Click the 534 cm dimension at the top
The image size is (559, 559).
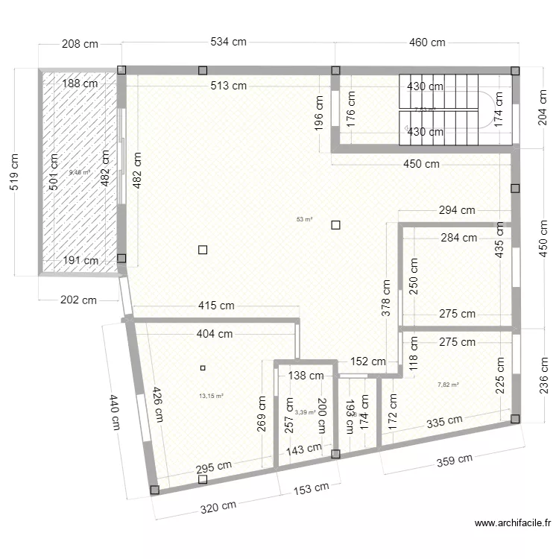pyautogui.click(x=228, y=42)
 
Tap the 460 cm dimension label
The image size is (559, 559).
pyautogui.click(x=427, y=42)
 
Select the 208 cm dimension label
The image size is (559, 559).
pyautogui.click(x=80, y=44)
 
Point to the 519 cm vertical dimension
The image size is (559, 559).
pyautogui.click(x=14, y=173)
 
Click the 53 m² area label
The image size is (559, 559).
pyautogui.click(x=304, y=219)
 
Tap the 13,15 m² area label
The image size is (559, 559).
pyautogui.click(x=212, y=397)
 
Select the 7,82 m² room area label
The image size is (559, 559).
pyautogui.click(x=448, y=385)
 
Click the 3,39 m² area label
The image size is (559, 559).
pyautogui.click(x=304, y=412)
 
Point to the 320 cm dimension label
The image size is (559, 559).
pyautogui.click(x=219, y=508)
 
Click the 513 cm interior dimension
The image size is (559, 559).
pyautogui.click(x=228, y=86)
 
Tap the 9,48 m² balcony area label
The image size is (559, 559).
pyautogui.click(x=79, y=173)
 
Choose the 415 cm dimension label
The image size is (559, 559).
pyautogui.click(x=217, y=306)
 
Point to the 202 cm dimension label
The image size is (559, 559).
pyautogui.click(x=78, y=301)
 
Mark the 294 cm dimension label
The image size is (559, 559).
pyautogui.click(x=456, y=210)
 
